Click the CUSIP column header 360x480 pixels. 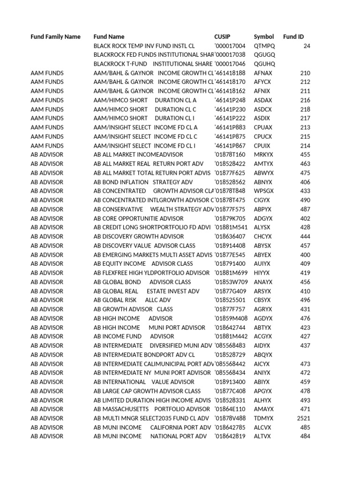[x=222, y=37]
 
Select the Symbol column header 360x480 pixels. [x=264, y=37]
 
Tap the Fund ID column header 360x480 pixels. [x=293, y=37]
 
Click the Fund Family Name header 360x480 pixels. [x=55, y=37]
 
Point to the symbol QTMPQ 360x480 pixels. [x=264, y=46]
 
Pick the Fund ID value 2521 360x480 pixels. [x=304, y=418]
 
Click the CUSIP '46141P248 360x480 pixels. [x=230, y=100]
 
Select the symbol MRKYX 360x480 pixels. [x=263, y=155]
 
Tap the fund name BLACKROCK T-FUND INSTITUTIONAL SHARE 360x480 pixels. [x=153, y=64]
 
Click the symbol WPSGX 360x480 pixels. [x=263, y=191]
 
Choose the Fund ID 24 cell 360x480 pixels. [x=307, y=46]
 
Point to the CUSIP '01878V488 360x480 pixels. [x=230, y=418]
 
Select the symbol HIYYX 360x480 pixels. [x=262, y=273]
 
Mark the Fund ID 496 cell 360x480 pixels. [x=305, y=300]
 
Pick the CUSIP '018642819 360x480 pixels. [x=230, y=436]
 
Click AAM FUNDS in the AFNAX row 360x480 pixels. [x=47, y=73]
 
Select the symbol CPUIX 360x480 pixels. [x=262, y=146]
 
